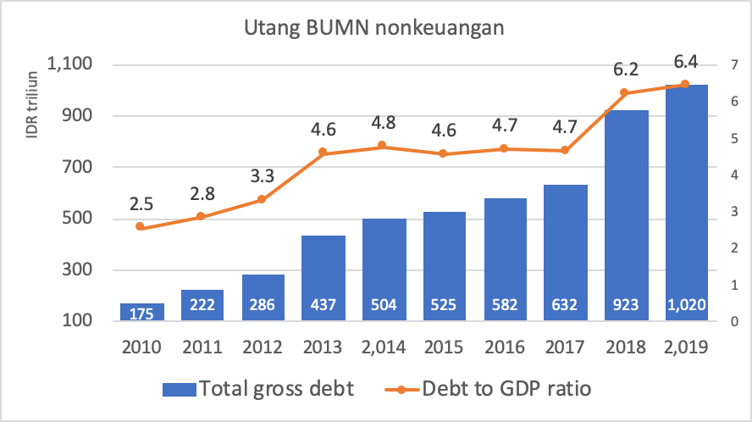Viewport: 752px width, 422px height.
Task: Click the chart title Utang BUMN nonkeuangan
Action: [374, 29]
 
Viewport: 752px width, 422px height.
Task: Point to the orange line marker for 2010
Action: [141, 227]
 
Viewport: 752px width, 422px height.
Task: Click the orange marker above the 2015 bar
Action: [444, 153]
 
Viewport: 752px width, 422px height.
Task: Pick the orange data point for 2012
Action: [262, 199]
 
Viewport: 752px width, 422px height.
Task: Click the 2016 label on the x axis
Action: [505, 348]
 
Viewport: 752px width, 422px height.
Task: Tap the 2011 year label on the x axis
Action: [202, 348]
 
